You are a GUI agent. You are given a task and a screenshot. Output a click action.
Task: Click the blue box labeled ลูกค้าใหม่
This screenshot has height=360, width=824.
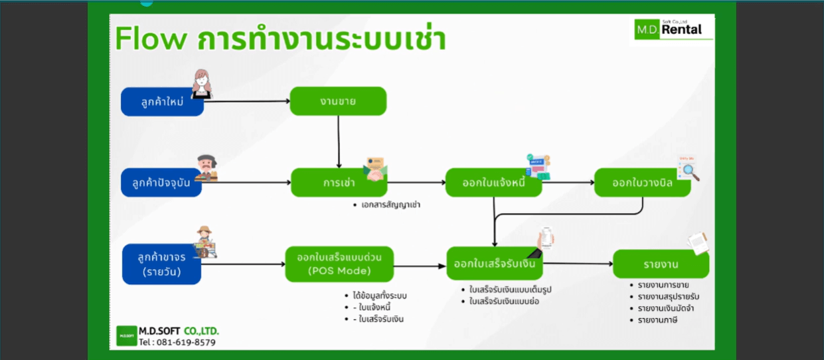click(x=162, y=102)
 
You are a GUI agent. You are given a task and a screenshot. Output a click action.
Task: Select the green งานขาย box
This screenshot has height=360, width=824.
click(x=338, y=101)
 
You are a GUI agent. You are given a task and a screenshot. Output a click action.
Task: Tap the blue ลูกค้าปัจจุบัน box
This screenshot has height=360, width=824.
click(x=161, y=183)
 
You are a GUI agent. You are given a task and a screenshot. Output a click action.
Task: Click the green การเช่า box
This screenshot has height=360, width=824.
click(x=339, y=183)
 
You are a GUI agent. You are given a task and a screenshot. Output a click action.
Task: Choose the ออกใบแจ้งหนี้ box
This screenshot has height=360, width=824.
click(x=493, y=183)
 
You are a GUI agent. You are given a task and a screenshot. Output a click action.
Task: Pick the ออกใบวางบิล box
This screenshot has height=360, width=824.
click(x=642, y=183)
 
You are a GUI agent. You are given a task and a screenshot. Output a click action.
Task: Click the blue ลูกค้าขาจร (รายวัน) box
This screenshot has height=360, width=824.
click(x=162, y=264)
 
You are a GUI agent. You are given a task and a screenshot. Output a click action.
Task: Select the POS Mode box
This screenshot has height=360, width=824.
click(x=339, y=264)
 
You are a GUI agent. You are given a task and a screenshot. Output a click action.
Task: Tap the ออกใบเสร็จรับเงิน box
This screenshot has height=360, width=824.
click(x=495, y=264)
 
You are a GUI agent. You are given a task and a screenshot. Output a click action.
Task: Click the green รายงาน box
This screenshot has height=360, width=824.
click(x=661, y=264)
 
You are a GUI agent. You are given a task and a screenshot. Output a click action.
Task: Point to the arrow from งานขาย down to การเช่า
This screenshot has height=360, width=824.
click(x=339, y=141)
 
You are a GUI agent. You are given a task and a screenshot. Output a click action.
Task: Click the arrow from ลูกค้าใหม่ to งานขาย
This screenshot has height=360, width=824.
click(x=247, y=101)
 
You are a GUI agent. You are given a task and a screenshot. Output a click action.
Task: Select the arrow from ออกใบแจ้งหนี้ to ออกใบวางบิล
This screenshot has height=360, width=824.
click(x=568, y=183)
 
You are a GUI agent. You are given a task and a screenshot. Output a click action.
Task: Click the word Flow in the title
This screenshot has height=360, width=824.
click(x=151, y=39)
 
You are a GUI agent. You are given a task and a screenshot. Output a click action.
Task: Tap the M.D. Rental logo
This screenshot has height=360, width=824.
click(x=673, y=29)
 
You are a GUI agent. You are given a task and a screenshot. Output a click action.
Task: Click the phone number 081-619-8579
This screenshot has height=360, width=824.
click(x=186, y=342)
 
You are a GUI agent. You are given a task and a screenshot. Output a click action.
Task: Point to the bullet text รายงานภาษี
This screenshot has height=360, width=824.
click(x=657, y=320)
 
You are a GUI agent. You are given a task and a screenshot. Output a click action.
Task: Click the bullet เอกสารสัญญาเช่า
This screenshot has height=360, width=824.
click(x=390, y=205)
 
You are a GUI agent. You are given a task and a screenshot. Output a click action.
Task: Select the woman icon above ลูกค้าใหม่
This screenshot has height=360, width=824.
click(x=202, y=84)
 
